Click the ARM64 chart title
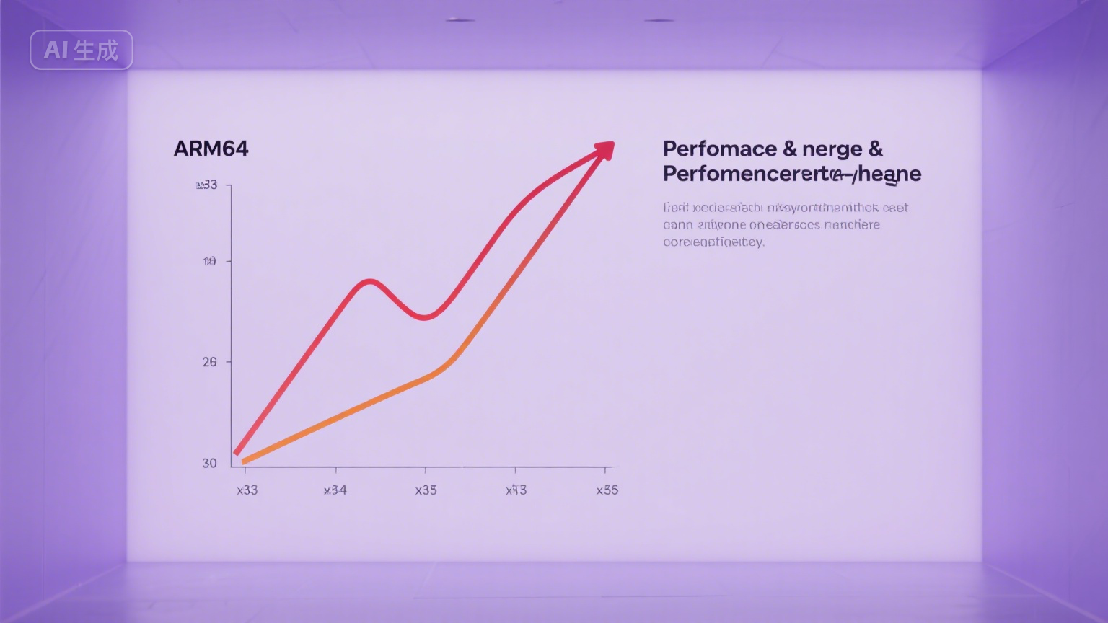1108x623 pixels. (x=211, y=149)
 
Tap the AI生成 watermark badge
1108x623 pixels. (x=81, y=50)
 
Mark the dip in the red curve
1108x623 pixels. (x=425, y=316)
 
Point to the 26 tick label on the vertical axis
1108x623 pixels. (x=209, y=362)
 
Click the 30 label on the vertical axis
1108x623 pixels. (x=209, y=463)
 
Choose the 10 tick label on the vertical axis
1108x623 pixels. (x=209, y=261)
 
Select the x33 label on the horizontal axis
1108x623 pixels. (x=247, y=490)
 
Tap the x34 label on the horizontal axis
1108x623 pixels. (x=335, y=490)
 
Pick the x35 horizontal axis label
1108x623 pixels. (x=426, y=490)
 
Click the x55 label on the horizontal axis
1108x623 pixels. (x=607, y=490)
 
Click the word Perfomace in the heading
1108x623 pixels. (x=719, y=149)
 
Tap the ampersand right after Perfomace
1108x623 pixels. (x=789, y=149)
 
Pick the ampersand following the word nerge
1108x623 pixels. (x=875, y=149)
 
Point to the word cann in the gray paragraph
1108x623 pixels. (x=677, y=225)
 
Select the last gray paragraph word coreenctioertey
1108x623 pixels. (x=713, y=242)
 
